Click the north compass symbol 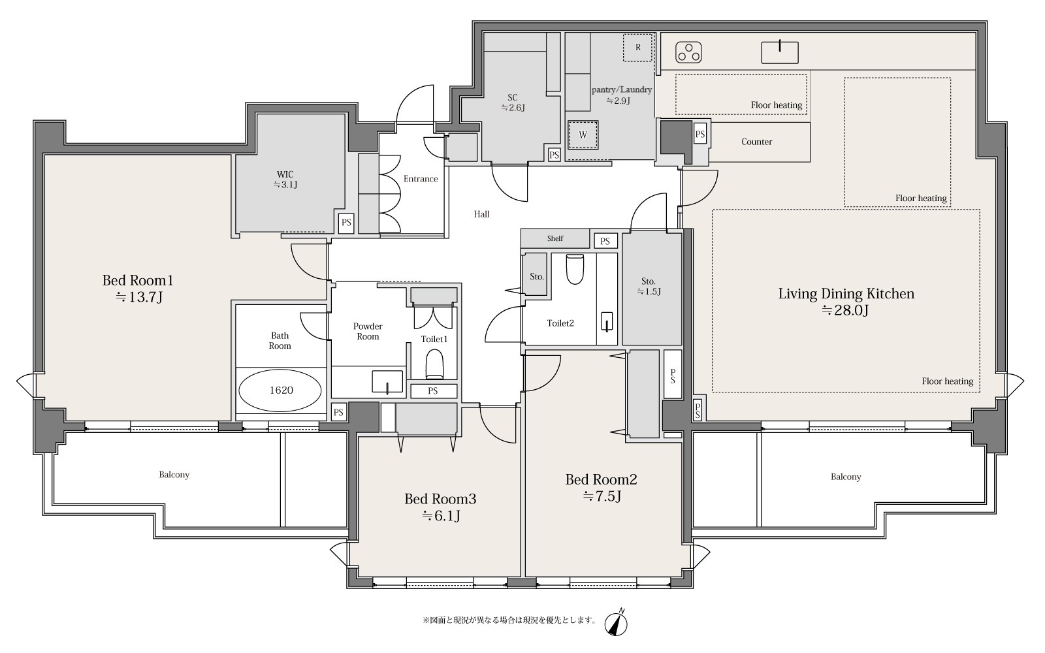616,624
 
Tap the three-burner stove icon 688,52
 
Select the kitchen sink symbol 780,52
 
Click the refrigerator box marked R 637,47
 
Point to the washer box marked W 583,135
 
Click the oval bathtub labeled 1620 280,390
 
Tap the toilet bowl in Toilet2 575,269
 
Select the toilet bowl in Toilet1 435,364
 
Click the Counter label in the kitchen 757,142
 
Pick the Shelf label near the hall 555,238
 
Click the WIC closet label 285,180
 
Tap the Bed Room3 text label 440,499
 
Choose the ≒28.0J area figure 845,310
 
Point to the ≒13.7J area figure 138,297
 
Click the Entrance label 421,179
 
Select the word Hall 482,214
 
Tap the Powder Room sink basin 387,381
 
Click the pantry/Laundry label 621,89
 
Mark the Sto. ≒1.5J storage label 649,287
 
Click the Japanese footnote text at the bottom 509,620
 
